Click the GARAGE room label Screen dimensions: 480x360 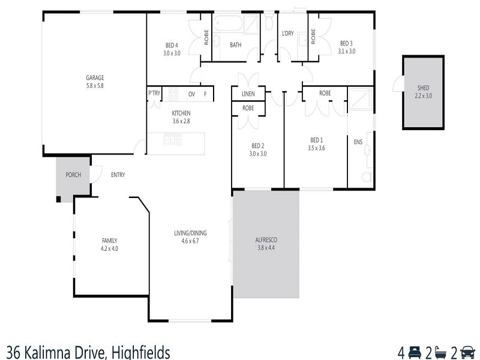tap(95, 78)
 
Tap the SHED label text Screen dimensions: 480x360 tap(424, 88)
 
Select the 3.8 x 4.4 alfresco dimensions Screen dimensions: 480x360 tap(266, 248)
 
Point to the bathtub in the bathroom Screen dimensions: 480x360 tap(228, 23)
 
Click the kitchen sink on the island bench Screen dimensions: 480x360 tap(173, 140)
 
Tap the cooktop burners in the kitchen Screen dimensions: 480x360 tap(173, 94)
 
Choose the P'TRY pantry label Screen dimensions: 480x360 tap(154, 93)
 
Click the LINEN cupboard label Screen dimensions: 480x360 tap(248, 94)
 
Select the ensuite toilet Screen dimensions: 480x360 tap(367, 176)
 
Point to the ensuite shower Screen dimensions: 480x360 tap(361, 98)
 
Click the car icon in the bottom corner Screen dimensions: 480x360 tap(468, 352)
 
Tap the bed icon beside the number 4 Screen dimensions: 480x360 tap(415, 352)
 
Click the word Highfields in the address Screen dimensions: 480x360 tap(140, 352)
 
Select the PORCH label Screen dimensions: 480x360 tap(73, 175)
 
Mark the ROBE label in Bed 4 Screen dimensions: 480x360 tap(206, 37)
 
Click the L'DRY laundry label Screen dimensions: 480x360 tap(288, 34)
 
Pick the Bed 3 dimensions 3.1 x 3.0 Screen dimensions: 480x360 tap(347, 51)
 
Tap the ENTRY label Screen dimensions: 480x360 tap(118, 175)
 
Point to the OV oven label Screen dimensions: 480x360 tap(191, 94)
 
